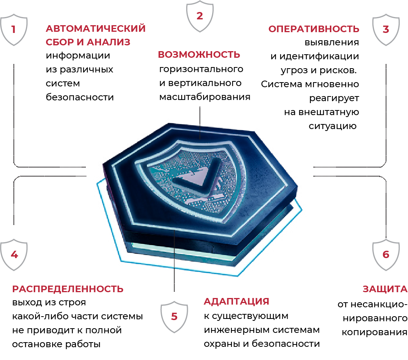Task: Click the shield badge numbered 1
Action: pos(14,30)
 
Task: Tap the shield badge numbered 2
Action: pos(200,16)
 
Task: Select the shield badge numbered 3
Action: pos(386,30)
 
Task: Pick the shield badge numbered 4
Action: pos(14,255)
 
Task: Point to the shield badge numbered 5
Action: pos(174,317)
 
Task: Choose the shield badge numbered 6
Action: pos(386,255)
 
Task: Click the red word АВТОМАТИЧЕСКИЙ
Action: pos(96,29)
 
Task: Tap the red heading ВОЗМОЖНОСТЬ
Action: pos(199,55)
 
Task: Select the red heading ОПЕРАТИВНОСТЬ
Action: pos(314,29)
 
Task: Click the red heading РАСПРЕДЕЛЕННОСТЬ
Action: pos(68,289)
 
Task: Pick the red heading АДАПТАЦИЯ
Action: pos(237,301)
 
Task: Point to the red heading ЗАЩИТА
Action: pos(385,289)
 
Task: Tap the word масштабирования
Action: pos(205,97)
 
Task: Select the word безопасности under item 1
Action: pos(80,97)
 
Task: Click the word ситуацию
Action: pos(333,126)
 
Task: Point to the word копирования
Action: pos(374,332)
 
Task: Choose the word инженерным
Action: pos(237,330)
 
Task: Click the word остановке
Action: pos(37,344)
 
